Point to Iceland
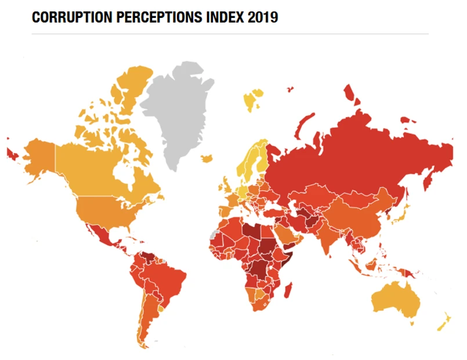coord(253,99)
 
